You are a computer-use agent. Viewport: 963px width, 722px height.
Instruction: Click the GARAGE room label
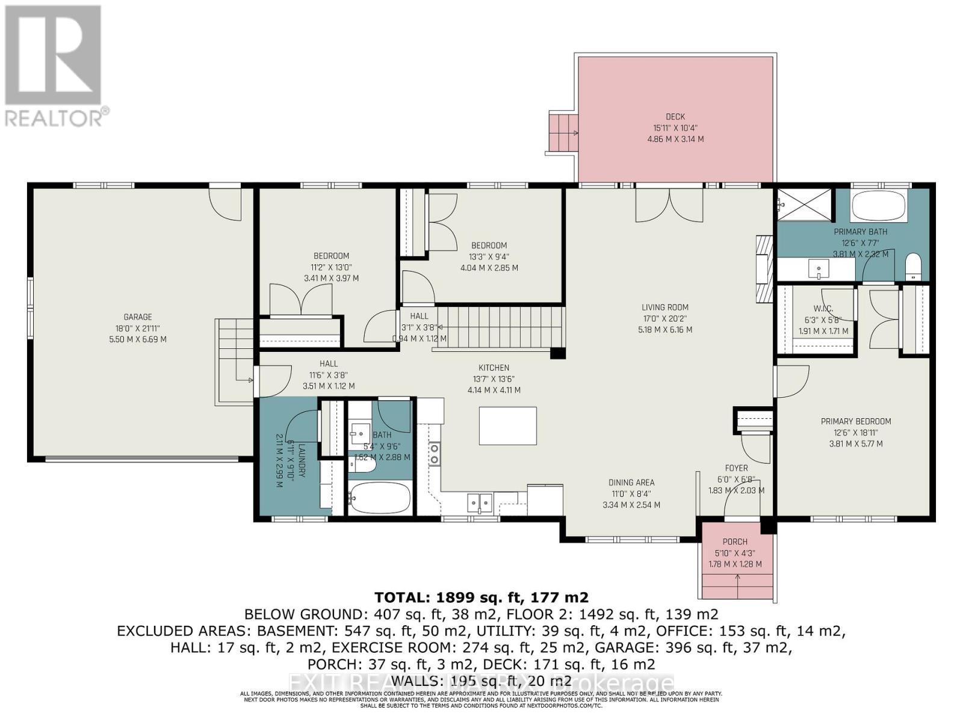tap(137, 317)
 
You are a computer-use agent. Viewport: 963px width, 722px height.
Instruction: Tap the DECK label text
tap(675, 117)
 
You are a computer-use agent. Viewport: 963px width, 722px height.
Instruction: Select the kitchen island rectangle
tap(508, 426)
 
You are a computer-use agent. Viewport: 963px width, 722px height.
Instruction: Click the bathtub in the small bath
tap(380, 498)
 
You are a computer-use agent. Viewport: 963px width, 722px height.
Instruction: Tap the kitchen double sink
tap(480, 501)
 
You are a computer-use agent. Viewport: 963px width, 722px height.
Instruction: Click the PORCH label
tap(735, 541)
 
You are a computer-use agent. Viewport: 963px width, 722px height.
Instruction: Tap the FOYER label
tap(736, 468)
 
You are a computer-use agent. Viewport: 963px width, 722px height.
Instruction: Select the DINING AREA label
tap(631, 483)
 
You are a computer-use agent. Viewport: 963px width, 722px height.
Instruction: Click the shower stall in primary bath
tap(804, 205)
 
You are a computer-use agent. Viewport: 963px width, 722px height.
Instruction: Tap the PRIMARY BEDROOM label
tap(855, 421)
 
